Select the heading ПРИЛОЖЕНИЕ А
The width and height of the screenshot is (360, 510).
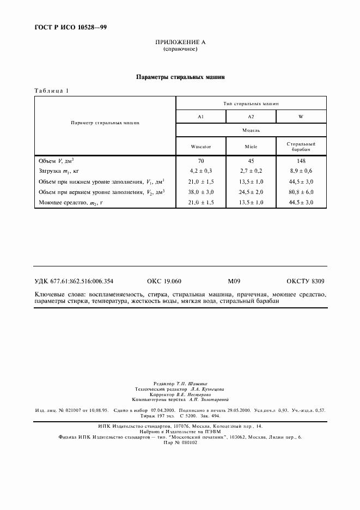180,42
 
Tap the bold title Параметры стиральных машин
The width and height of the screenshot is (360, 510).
180,77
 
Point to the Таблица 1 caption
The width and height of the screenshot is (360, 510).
52,90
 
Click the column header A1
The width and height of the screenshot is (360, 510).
200,117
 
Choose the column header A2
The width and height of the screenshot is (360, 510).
251,117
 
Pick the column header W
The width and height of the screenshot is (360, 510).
301,117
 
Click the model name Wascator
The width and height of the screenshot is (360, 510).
200,146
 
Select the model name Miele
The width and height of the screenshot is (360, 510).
251,146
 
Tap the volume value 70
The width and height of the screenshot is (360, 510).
200,161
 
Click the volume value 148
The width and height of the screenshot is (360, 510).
301,161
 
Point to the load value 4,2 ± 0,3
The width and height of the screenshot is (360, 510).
200,171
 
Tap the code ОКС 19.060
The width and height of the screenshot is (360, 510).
164,281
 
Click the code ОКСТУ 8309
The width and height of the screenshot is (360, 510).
307,281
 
